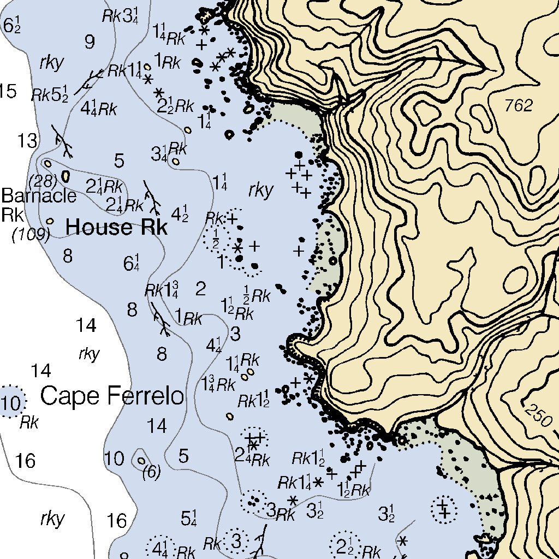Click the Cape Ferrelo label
112,396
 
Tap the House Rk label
116,227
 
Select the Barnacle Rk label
38,204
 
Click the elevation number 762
518,106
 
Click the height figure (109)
31,235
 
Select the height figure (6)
151,473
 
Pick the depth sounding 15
8,91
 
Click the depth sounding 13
27,141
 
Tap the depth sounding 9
90,41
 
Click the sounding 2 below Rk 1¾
200,289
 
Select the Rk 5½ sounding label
50,94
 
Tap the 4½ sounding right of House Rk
180,213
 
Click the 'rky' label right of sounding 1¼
260,191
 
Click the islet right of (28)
66,176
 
